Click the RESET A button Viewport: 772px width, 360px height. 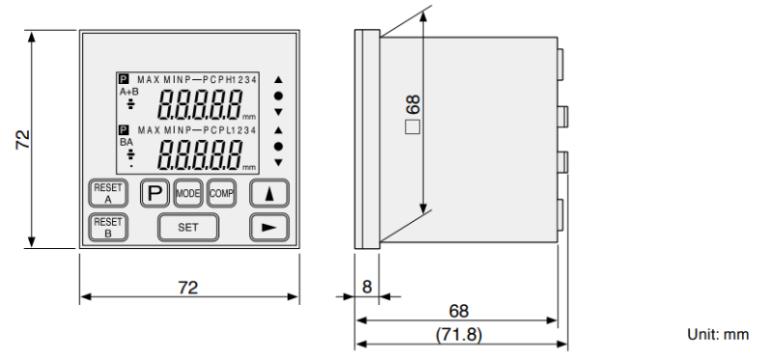102,192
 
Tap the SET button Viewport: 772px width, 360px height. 188,227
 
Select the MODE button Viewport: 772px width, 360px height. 187,192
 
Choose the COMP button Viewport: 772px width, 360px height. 221,192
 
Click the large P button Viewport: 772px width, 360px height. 153,192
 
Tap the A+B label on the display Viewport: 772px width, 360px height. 129,93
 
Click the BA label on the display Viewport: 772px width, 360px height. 125,140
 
